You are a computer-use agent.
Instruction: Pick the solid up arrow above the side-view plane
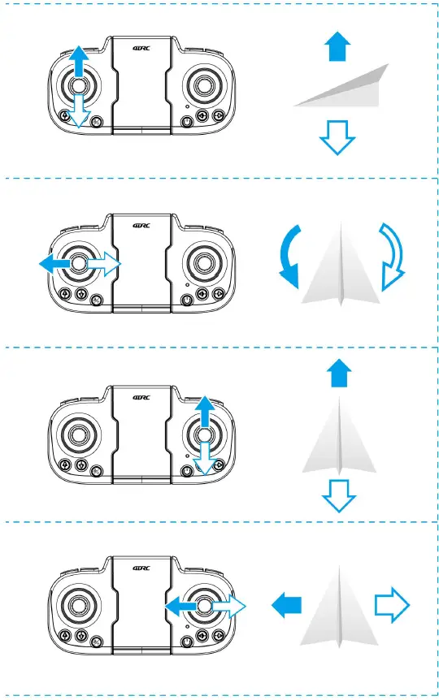click(337, 46)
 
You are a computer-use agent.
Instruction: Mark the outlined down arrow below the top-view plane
click(337, 495)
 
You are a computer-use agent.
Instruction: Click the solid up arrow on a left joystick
click(77, 63)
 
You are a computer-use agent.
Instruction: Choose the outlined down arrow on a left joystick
click(78, 110)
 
